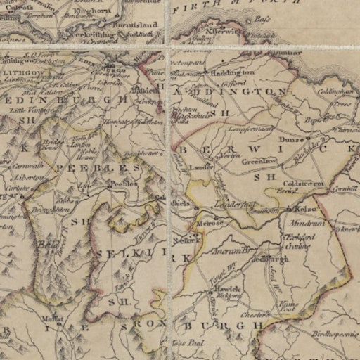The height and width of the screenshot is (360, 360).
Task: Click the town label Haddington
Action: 233,72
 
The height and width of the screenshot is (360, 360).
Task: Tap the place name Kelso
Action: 307,210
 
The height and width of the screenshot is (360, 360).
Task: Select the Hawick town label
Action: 228,289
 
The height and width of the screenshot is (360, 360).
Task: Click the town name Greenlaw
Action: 257,160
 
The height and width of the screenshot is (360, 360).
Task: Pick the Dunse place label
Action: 291,140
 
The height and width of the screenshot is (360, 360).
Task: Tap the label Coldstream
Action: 303,184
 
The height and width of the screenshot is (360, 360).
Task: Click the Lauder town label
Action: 202,167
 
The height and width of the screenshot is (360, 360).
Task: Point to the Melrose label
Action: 210,223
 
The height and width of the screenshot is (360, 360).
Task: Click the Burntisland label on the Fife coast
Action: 136,25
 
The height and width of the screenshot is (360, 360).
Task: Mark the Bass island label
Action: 262,20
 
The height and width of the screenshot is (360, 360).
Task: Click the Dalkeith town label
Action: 146,91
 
